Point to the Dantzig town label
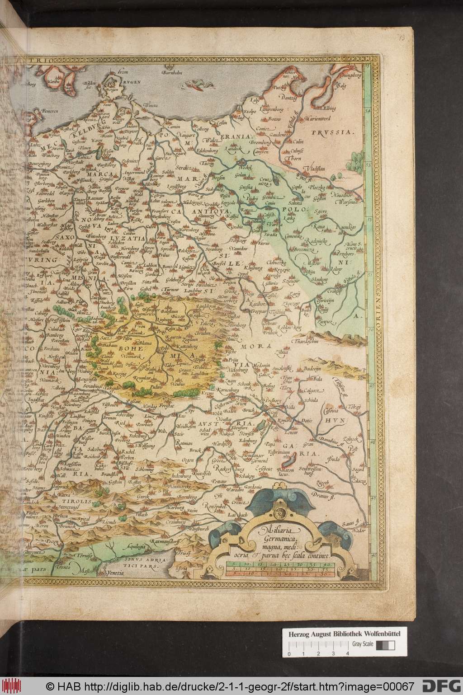pyautogui.click(x=288, y=98)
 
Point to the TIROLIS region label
pyautogui.click(x=68, y=502)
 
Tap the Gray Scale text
pyautogui.click(x=360, y=644)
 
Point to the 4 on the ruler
pyautogui.click(x=347, y=653)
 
